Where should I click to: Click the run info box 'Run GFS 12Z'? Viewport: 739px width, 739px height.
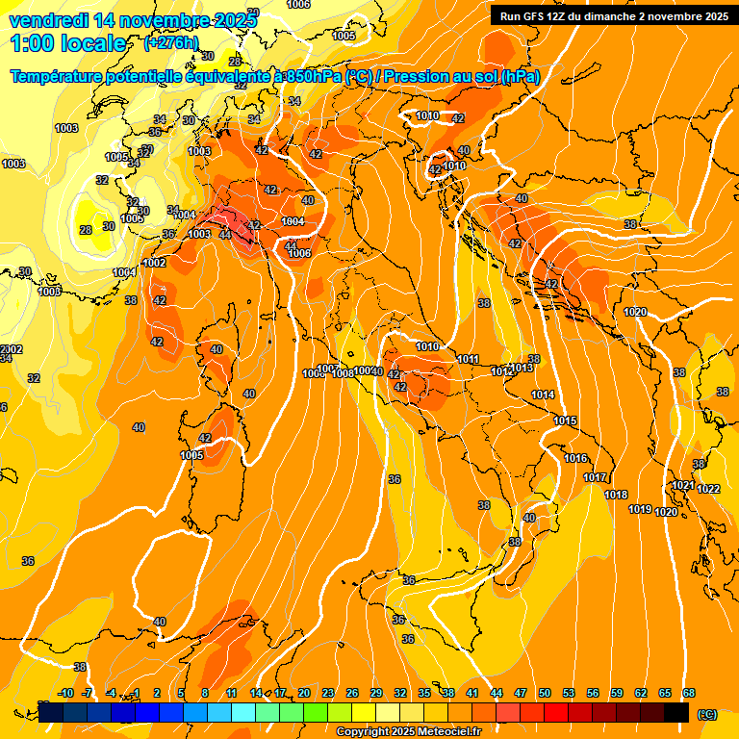click(x=611, y=16)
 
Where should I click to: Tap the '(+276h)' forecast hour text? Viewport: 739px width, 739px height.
click(x=171, y=43)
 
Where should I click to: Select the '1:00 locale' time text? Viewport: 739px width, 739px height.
click(x=69, y=43)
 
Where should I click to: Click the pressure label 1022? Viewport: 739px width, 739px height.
click(x=708, y=490)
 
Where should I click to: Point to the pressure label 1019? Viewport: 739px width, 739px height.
click(x=640, y=509)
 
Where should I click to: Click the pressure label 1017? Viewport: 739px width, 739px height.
click(x=595, y=477)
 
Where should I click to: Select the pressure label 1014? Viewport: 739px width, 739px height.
click(x=543, y=395)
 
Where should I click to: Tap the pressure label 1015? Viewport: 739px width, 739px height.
click(x=565, y=420)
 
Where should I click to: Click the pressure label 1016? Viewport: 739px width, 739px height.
click(x=575, y=458)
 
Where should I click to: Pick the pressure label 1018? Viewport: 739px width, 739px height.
click(x=616, y=495)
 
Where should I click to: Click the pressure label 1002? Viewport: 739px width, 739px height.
click(x=154, y=263)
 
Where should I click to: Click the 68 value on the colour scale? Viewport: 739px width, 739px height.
click(x=689, y=693)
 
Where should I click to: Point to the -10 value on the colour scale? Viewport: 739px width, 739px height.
click(x=65, y=693)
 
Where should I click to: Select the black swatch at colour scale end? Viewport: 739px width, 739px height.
click(x=676, y=712)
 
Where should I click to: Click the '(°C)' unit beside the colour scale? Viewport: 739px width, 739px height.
click(x=706, y=714)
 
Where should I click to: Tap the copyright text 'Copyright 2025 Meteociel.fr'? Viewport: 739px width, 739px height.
click(x=407, y=732)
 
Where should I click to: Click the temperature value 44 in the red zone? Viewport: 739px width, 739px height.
click(x=225, y=234)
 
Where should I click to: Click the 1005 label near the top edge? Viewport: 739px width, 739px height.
click(x=344, y=36)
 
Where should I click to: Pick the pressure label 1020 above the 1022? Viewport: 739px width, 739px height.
click(x=635, y=312)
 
